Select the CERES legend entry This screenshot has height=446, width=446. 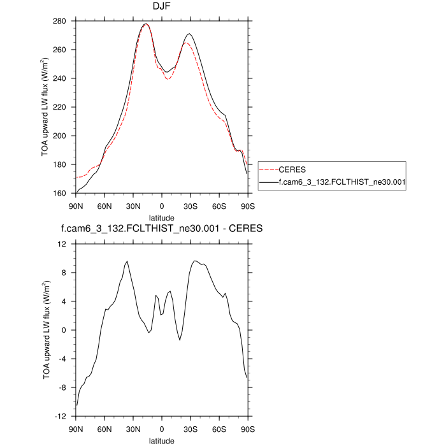(292, 170)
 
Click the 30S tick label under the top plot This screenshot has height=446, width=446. (191, 206)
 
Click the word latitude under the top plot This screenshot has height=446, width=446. (161, 217)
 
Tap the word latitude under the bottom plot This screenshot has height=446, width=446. (161, 440)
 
